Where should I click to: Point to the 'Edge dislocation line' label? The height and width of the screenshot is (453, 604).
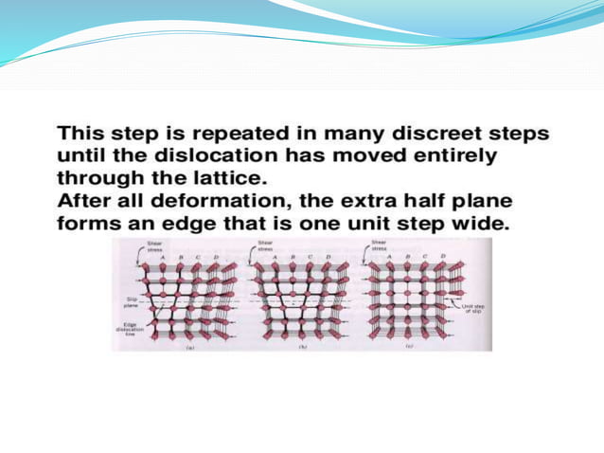coord(133,329)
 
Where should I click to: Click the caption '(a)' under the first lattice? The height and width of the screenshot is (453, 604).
coord(182,348)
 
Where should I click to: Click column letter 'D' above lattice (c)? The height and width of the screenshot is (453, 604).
coord(443,257)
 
